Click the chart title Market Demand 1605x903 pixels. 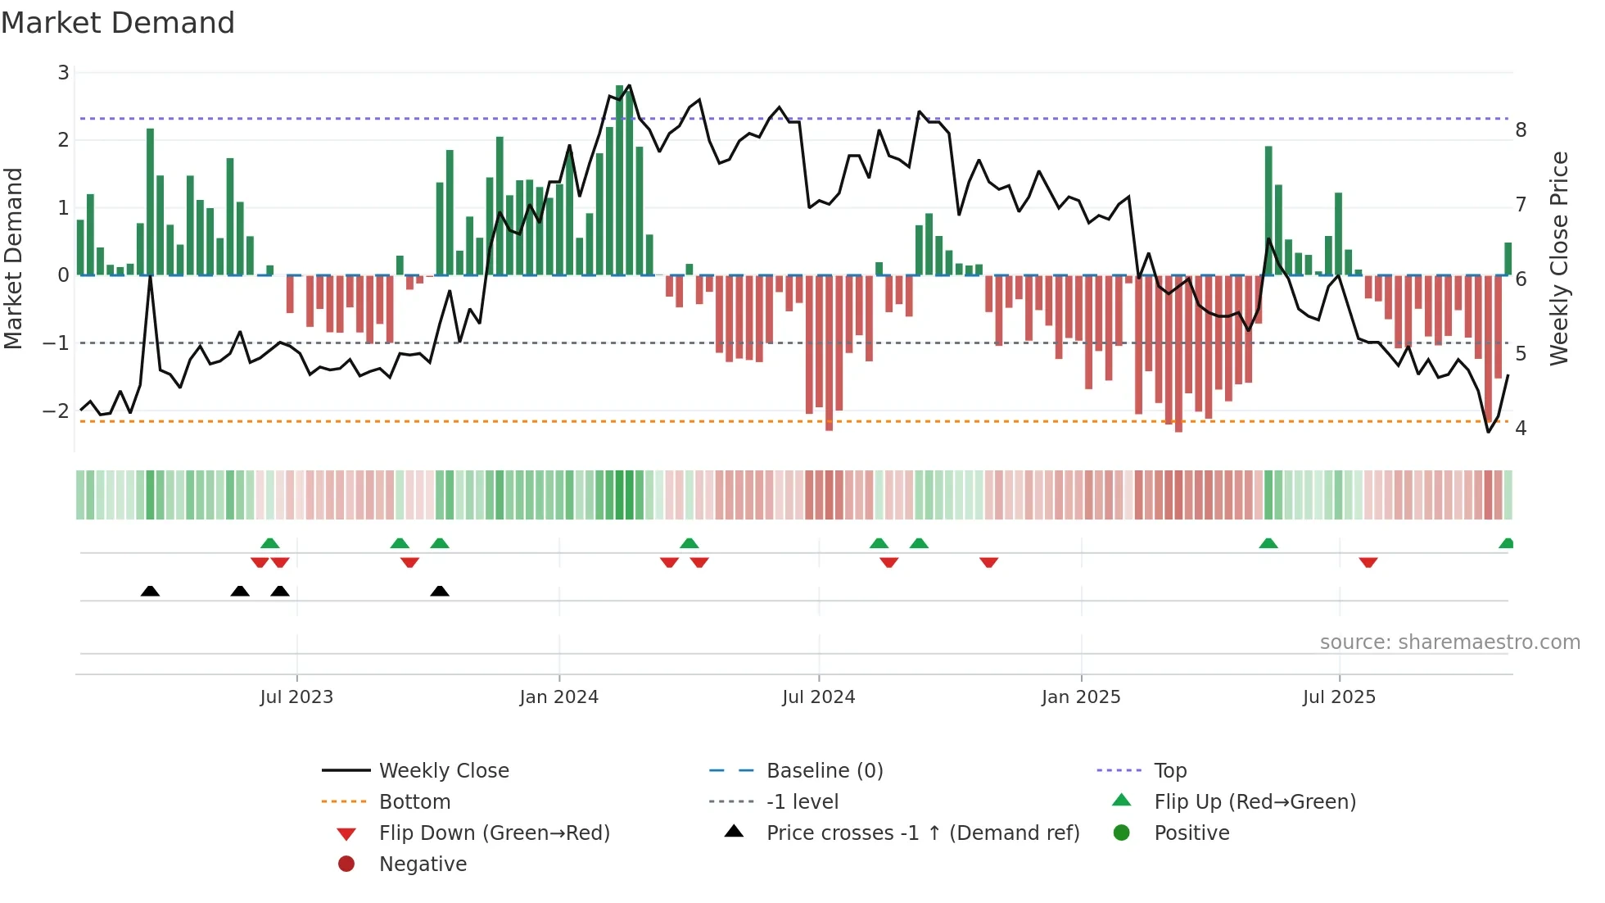point(118,23)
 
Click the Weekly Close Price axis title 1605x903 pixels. point(1559,258)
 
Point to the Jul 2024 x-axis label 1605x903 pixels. point(818,697)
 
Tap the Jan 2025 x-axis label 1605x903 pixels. point(1080,697)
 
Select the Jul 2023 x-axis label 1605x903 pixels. point(296,697)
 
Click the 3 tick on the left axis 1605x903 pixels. point(63,73)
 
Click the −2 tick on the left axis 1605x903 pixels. point(56,411)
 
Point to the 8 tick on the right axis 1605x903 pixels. point(1521,130)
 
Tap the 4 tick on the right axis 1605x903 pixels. point(1521,429)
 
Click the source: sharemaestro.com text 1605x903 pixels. point(1449,642)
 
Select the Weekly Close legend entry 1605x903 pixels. point(443,771)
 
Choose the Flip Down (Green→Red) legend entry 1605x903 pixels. point(494,833)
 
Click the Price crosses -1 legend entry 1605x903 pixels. point(922,833)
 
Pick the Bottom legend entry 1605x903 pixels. point(414,802)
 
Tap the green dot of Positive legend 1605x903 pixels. point(1122,833)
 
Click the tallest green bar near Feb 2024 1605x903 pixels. point(620,180)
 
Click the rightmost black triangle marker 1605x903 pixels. point(440,591)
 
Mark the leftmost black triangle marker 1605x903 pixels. point(150,591)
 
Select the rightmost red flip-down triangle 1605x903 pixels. point(1368,562)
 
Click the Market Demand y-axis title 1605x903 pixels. point(13,258)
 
